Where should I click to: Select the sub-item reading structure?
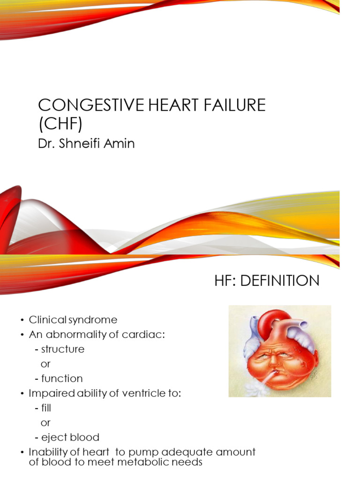[63, 349]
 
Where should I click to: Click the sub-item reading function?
[62, 378]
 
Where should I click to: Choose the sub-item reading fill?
[46, 408]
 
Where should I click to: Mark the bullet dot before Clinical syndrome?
[22, 320]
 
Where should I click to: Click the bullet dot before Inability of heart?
[22, 453]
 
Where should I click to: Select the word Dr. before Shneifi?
[45, 143]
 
